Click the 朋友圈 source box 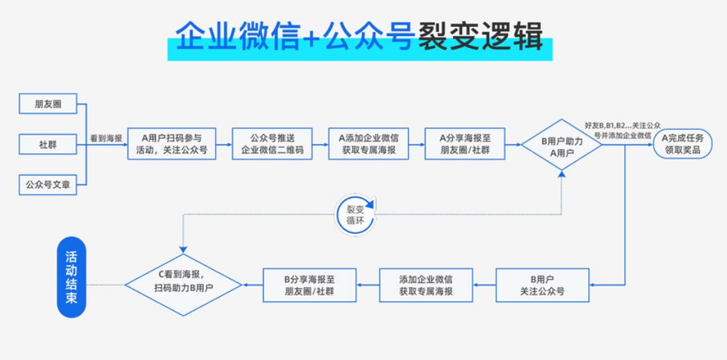(x=48, y=104)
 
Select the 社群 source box (x=48, y=145)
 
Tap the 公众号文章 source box (x=48, y=185)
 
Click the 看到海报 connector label (x=106, y=139)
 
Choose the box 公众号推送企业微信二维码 (x=272, y=144)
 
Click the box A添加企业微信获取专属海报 (x=368, y=144)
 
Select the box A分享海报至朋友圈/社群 (x=465, y=144)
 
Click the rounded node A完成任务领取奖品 (x=683, y=144)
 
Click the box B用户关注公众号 (x=542, y=285)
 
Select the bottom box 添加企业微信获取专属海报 (x=426, y=285)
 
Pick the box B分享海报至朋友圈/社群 (x=309, y=285)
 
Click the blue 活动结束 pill (x=71, y=277)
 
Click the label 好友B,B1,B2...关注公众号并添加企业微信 (x=622, y=130)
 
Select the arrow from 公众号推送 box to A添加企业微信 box (x=320, y=145)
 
